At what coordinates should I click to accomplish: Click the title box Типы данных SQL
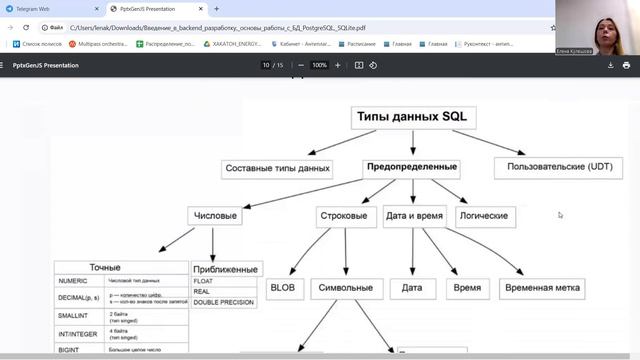pos(412,117)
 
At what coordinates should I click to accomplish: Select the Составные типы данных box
pos(277,168)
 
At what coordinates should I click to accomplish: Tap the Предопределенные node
pos(412,166)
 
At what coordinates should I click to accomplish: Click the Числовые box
pos(214,215)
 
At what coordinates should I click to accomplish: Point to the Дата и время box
pos(413,215)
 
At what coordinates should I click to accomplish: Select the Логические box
pos(483,215)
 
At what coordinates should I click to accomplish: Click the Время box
pos(466,288)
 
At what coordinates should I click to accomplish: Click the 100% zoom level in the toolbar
pos(319,65)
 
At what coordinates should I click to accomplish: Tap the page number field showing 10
pos(266,65)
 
